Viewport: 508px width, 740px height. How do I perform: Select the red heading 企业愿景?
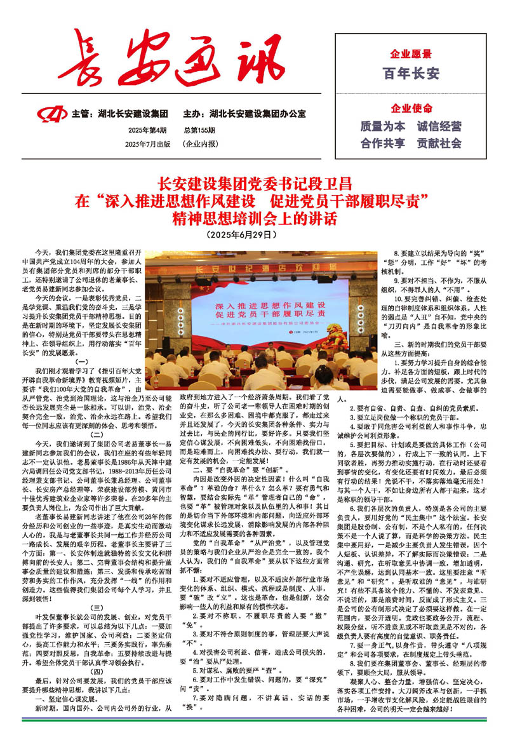(411, 54)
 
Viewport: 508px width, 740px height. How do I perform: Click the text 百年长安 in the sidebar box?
(411, 74)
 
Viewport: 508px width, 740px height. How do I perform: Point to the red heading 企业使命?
(411, 107)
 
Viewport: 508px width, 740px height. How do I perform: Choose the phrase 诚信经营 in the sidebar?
(439, 126)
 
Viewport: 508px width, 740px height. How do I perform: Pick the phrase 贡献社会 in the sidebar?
(439, 143)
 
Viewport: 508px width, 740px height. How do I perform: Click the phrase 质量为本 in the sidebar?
(383, 126)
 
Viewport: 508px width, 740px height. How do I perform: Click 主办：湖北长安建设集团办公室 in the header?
(244, 114)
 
